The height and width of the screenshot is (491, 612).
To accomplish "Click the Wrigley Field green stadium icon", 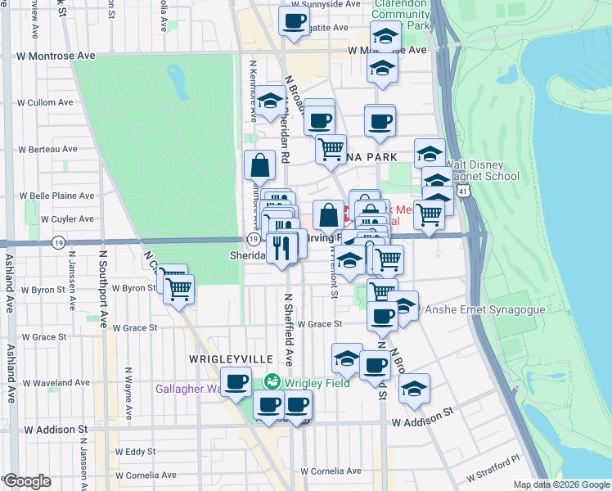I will pos(272,381).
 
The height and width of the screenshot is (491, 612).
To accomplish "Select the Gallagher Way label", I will pos(188,389).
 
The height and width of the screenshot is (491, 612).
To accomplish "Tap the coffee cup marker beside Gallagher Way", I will pos(236,382).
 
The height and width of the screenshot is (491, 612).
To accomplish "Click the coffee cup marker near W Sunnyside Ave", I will pos(294,20).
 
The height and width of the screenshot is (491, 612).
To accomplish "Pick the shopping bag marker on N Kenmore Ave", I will pos(259,164).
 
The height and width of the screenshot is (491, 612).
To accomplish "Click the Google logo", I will pos(27,481).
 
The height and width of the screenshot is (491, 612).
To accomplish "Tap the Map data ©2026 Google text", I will pos(561,484).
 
